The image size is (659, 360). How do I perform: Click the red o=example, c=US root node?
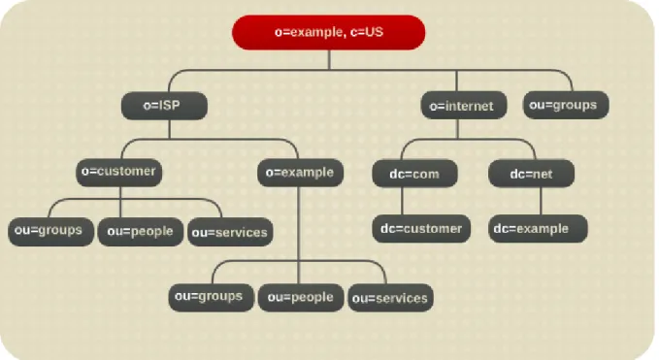[x=329, y=32]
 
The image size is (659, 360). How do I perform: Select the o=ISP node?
[x=164, y=106]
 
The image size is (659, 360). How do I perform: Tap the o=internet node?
[x=464, y=105]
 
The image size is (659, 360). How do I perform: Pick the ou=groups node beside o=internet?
[x=566, y=105]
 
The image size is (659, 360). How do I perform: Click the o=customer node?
[x=119, y=172]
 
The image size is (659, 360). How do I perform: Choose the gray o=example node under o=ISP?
[x=301, y=173]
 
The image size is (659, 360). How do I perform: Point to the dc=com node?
[x=414, y=174]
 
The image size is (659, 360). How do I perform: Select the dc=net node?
[x=531, y=174]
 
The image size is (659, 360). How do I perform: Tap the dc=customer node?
[x=421, y=229]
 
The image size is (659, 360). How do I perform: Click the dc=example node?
[x=538, y=229]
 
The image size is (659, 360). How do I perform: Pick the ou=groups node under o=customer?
[x=50, y=232]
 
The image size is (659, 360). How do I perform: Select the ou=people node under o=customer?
[x=141, y=232]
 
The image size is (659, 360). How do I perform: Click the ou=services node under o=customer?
[x=230, y=232]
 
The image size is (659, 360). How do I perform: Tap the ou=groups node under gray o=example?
[x=212, y=297]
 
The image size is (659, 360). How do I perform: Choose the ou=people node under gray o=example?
[x=301, y=297]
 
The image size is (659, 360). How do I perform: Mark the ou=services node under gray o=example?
[x=390, y=298]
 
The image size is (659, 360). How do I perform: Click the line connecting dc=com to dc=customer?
[x=402, y=201]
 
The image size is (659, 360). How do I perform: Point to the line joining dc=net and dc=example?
[x=541, y=201]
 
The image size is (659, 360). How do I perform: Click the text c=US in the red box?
[x=367, y=32]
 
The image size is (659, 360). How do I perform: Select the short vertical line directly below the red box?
[x=329, y=59]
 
